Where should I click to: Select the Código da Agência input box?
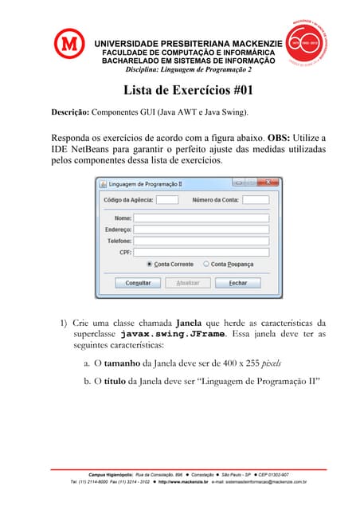[x=167, y=199]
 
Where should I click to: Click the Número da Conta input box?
[x=256, y=199]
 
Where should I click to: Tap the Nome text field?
[x=201, y=218]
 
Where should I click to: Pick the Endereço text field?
[x=201, y=229]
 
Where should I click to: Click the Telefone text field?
[x=201, y=240]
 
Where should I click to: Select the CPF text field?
[x=201, y=252]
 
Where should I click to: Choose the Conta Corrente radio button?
[x=150, y=264]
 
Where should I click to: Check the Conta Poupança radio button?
[x=206, y=264]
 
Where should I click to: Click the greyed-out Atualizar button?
[x=188, y=283]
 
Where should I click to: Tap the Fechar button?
[x=238, y=283]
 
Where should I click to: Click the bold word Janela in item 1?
[x=188, y=323]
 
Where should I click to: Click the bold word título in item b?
[x=115, y=382]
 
